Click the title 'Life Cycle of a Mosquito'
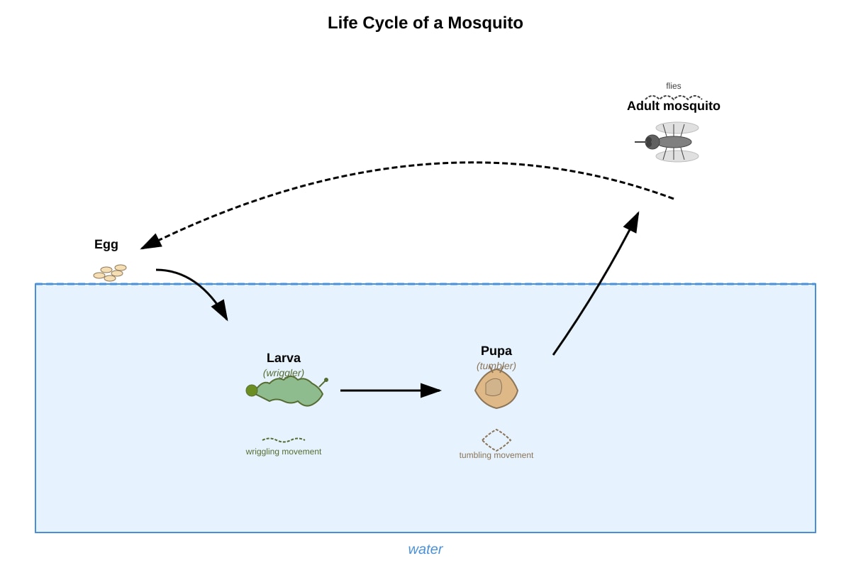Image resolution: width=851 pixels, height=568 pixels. pyautogui.click(x=425, y=23)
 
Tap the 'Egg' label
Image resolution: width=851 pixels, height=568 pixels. pyautogui.click(x=106, y=244)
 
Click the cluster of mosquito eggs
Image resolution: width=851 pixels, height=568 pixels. pyautogui.click(x=110, y=273)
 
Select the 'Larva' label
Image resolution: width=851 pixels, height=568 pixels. pyautogui.click(x=284, y=358)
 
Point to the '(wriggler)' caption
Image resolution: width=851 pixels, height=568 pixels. pyautogui.click(x=284, y=373)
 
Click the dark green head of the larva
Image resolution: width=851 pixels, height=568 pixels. pyautogui.click(x=252, y=390)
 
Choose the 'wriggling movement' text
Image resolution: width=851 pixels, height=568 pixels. pyautogui.click(x=284, y=452)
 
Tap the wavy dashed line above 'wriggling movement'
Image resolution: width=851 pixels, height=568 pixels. pyautogui.click(x=284, y=439)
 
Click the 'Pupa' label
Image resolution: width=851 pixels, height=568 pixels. pyautogui.click(x=496, y=351)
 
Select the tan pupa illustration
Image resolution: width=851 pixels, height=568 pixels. pyautogui.click(x=496, y=389)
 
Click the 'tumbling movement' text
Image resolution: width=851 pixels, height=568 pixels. pyautogui.click(x=496, y=455)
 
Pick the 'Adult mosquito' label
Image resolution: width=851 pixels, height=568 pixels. pyautogui.click(x=673, y=106)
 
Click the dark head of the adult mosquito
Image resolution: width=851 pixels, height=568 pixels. pyautogui.click(x=652, y=142)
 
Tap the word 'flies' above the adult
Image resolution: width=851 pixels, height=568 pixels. pyautogui.click(x=673, y=86)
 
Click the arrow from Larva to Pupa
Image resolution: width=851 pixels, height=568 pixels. pyautogui.click(x=391, y=390)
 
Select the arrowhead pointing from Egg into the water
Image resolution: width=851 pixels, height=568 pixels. pyautogui.click(x=221, y=310)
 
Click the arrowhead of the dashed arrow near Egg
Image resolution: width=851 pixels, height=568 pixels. pyautogui.click(x=151, y=242)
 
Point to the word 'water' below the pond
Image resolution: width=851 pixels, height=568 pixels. pyautogui.click(x=425, y=550)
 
